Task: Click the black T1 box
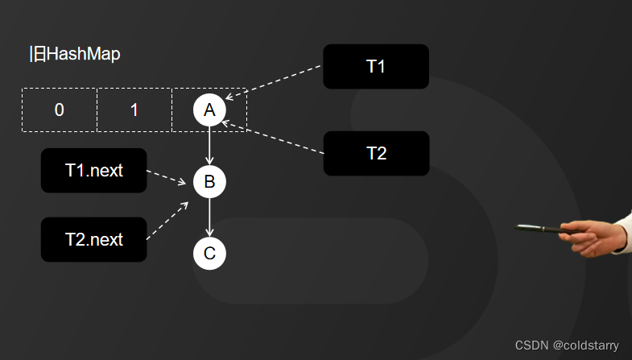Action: coord(375,66)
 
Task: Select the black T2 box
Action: coord(376,153)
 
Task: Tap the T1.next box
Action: coord(93,171)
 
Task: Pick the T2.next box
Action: coord(93,239)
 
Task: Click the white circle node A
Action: coord(209,110)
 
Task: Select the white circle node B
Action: coord(209,181)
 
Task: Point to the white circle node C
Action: coord(209,254)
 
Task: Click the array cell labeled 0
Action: coord(59,110)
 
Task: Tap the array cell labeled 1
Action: coord(134,110)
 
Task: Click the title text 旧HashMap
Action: coord(74,55)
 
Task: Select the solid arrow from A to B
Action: coord(209,146)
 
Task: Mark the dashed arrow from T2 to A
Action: coord(274,136)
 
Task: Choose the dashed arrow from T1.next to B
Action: coord(169,177)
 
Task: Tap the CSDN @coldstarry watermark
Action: coord(567,345)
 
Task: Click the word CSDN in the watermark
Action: coord(531,345)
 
